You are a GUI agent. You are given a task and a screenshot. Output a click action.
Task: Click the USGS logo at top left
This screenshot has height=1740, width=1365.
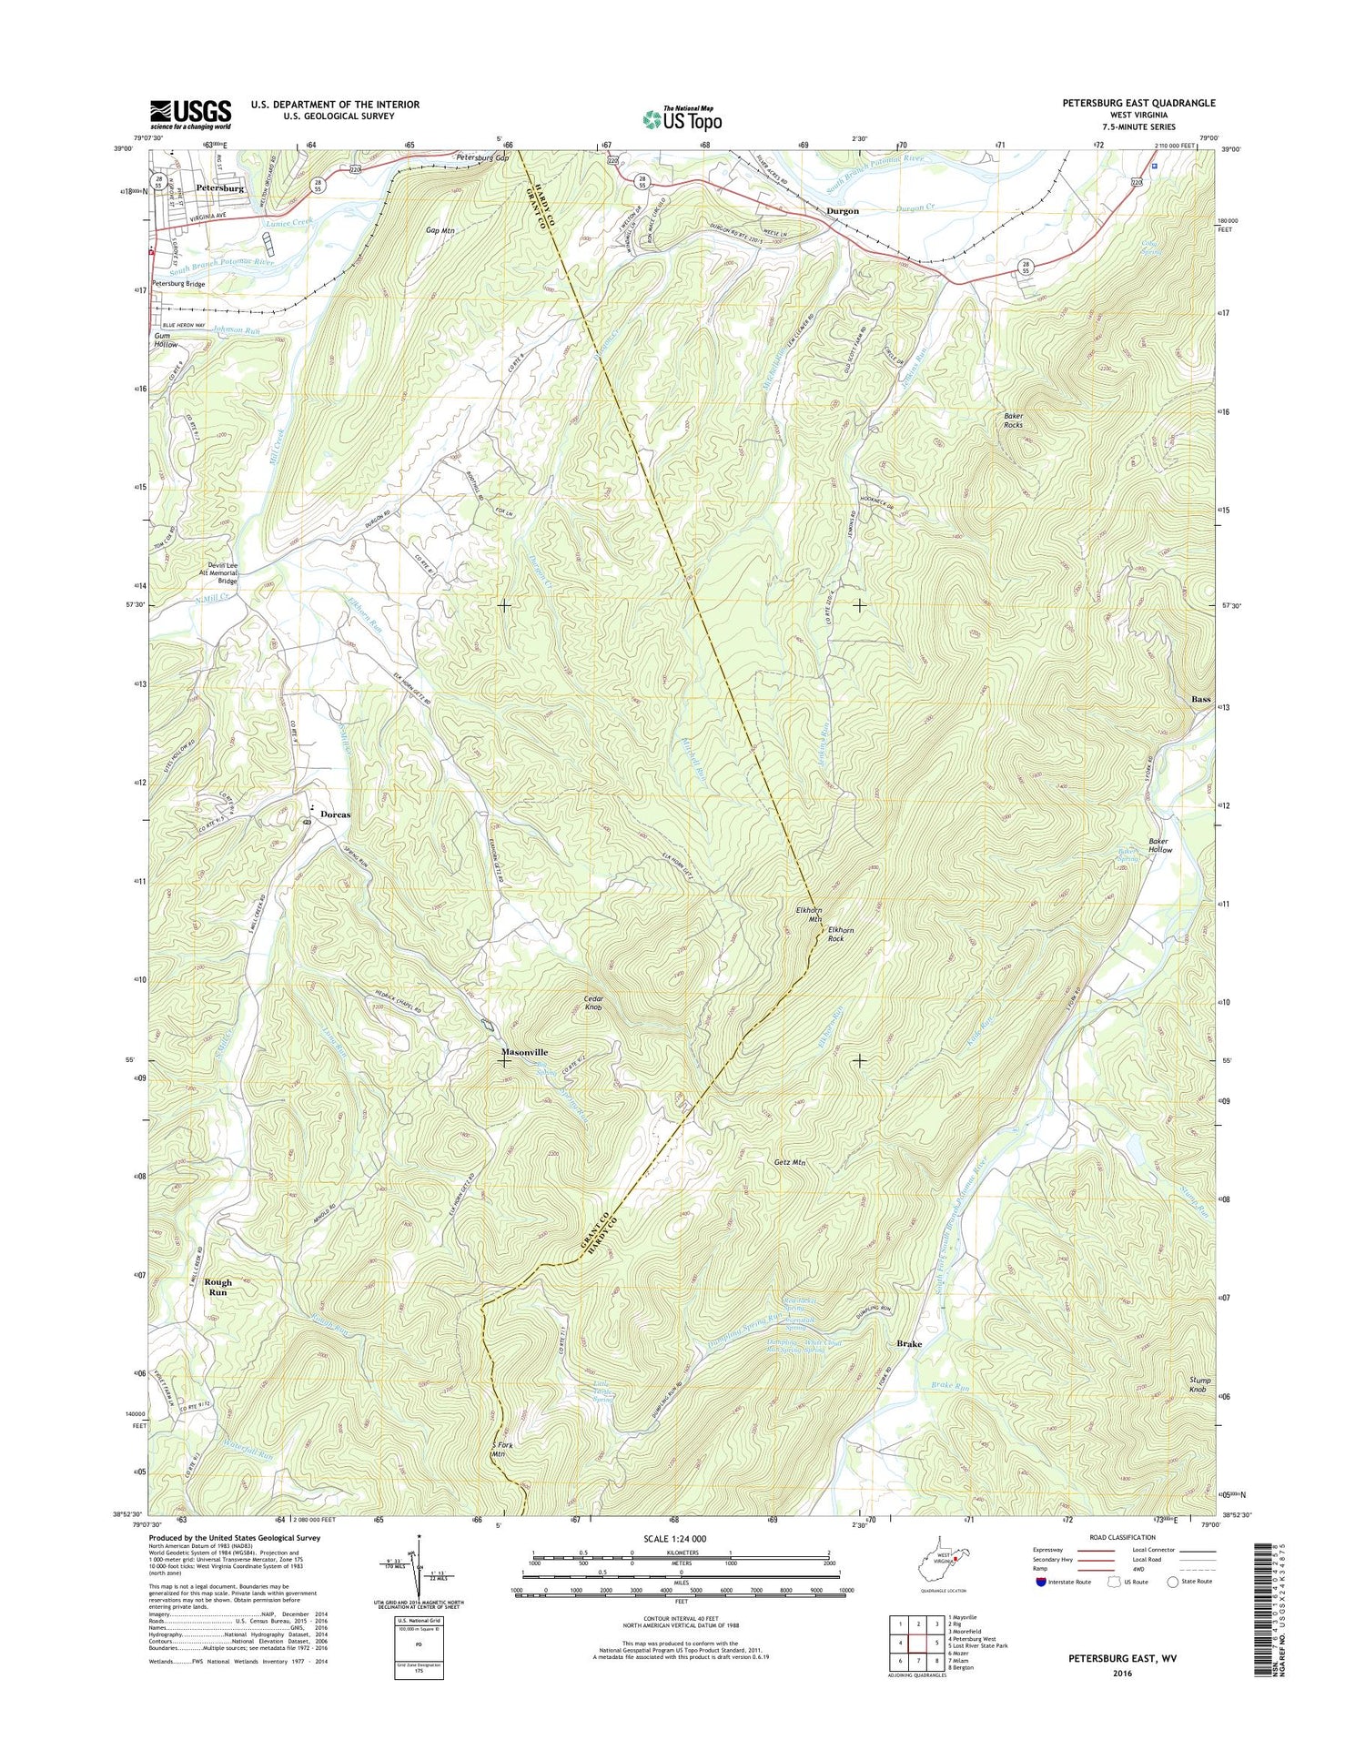pos(190,115)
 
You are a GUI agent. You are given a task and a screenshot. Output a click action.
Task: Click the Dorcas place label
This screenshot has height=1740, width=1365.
pos(334,814)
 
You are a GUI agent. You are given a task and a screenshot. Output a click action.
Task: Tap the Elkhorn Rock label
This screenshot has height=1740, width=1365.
pos(841,935)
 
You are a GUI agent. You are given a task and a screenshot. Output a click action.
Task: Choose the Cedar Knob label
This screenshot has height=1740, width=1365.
pos(593,1003)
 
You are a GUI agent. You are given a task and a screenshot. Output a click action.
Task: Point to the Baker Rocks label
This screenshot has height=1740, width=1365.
pos(1013,420)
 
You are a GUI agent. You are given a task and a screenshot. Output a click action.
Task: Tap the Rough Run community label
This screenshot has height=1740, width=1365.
pos(217,1287)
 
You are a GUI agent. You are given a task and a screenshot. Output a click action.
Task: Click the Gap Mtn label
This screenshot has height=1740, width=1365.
pos(440,231)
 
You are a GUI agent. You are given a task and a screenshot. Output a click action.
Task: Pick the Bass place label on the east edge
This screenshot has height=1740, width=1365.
pos(1201,699)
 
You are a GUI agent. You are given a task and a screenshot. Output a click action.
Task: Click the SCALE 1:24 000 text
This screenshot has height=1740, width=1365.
pos(680,1539)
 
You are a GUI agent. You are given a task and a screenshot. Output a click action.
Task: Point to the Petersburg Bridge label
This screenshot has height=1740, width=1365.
pos(178,284)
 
